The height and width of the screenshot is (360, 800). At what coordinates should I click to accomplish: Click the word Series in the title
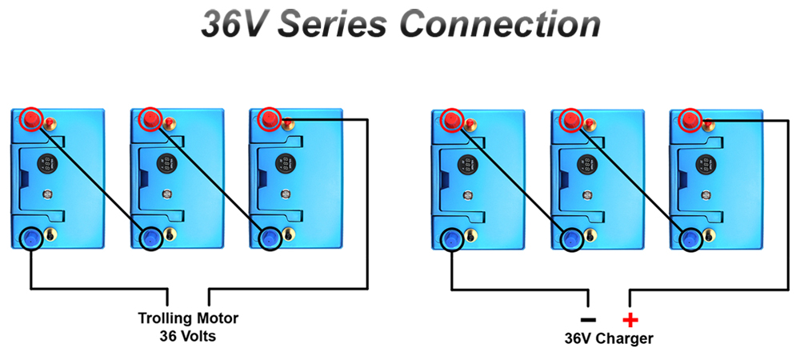pos(331,24)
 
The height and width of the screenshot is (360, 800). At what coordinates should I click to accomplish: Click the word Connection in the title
pos(500,24)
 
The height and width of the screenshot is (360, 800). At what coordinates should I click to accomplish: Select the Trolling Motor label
pos(188,318)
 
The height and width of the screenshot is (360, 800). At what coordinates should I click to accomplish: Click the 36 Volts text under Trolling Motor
pos(188,335)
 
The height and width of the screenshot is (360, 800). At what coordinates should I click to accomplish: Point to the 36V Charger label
pos(609,338)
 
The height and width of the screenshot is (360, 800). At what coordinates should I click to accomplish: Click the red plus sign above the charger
pos(630,320)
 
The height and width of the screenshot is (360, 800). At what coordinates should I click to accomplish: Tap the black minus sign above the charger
pos(588,320)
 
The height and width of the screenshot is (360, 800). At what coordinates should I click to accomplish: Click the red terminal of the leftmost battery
pos(31,119)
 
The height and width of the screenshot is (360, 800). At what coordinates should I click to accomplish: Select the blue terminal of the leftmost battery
pos(31,238)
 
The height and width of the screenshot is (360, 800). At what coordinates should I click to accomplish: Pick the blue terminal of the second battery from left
pos(150,238)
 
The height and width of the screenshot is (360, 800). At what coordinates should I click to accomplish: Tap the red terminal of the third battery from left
pos(269,119)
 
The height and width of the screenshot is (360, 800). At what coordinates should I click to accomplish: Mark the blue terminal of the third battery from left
pos(269,238)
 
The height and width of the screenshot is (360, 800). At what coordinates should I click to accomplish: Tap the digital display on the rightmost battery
pos(706,164)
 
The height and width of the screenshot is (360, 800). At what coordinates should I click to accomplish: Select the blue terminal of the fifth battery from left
pos(571,238)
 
